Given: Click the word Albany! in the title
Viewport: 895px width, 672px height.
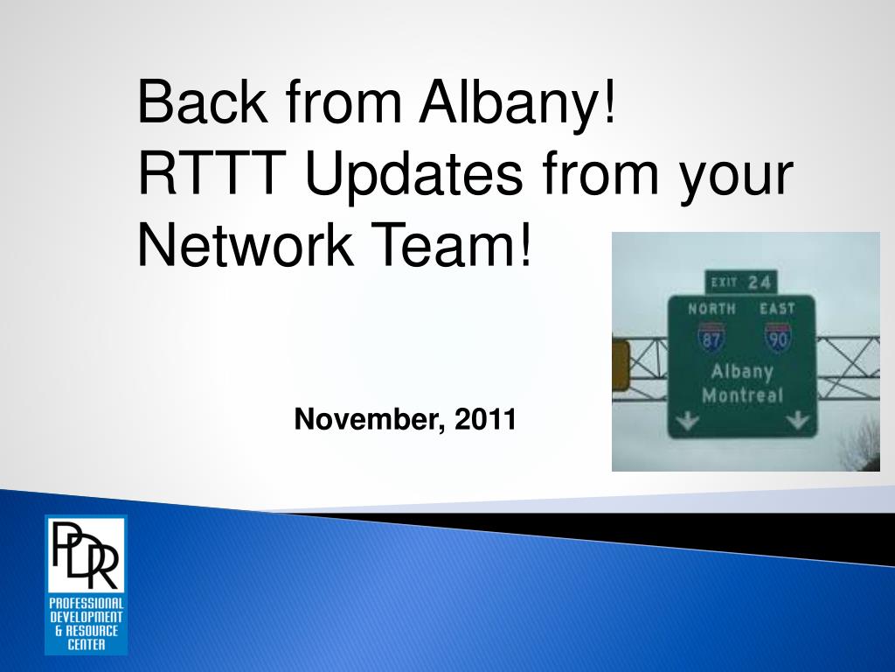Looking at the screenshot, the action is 518,104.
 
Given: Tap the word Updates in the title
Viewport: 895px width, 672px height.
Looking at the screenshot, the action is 413,176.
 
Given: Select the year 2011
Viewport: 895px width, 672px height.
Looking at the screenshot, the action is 485,419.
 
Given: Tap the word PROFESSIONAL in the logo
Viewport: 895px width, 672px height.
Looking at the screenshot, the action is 87,604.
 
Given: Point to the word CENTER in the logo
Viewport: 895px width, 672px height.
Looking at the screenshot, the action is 87,645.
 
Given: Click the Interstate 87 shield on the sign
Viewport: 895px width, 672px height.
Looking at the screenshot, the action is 711,337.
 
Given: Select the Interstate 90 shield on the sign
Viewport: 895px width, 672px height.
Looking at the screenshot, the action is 778,337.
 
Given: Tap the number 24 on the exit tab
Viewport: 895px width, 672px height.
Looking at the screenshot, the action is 760,283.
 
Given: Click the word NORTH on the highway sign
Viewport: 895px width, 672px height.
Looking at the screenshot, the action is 711,309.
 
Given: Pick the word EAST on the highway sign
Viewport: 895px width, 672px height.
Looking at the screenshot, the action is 777,309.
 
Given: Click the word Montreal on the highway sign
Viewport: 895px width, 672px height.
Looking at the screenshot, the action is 743,395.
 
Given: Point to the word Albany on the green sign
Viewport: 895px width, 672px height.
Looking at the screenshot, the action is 742,372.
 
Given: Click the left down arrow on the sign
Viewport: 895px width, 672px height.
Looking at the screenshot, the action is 687,422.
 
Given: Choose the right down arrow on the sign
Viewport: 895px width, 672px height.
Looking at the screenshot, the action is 797,421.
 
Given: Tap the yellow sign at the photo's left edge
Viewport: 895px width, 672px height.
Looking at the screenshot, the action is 621,366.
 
